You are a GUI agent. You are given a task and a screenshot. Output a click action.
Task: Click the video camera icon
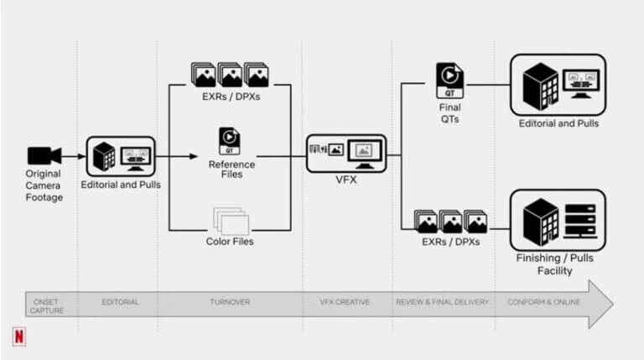pyautogui.click(x=44, y=155)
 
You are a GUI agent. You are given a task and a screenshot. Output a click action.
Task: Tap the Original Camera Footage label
pyautogui.click(x=44, y=185)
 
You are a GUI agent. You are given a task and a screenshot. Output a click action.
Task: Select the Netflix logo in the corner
pyautogui.click(x=18, y=337)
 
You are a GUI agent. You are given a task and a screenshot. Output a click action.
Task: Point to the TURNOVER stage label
pyautogui.click(x=228, y=301)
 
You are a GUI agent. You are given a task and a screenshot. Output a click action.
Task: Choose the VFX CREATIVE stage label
pyautogui.click(x=346, y=301)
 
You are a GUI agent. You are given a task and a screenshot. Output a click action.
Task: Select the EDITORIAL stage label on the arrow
pyautogui.click(x=119, y=301)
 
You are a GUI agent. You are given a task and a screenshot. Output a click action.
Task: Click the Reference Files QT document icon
pyautogui.click(x=230, y=138)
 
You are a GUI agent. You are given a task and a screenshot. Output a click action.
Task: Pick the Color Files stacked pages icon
pyautogui.click(x=231, y=220)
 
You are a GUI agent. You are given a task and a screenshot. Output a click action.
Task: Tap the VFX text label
pyautogui.click(x=345, y=179)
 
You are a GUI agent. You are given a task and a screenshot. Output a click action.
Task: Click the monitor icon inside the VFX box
pyautogui.click(x=362, y=152)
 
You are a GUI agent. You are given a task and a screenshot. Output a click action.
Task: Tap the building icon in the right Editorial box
pyautogui.click(x=538, y=83)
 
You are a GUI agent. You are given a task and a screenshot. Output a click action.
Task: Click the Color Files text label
pyautogui.click(x=230, y=242)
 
